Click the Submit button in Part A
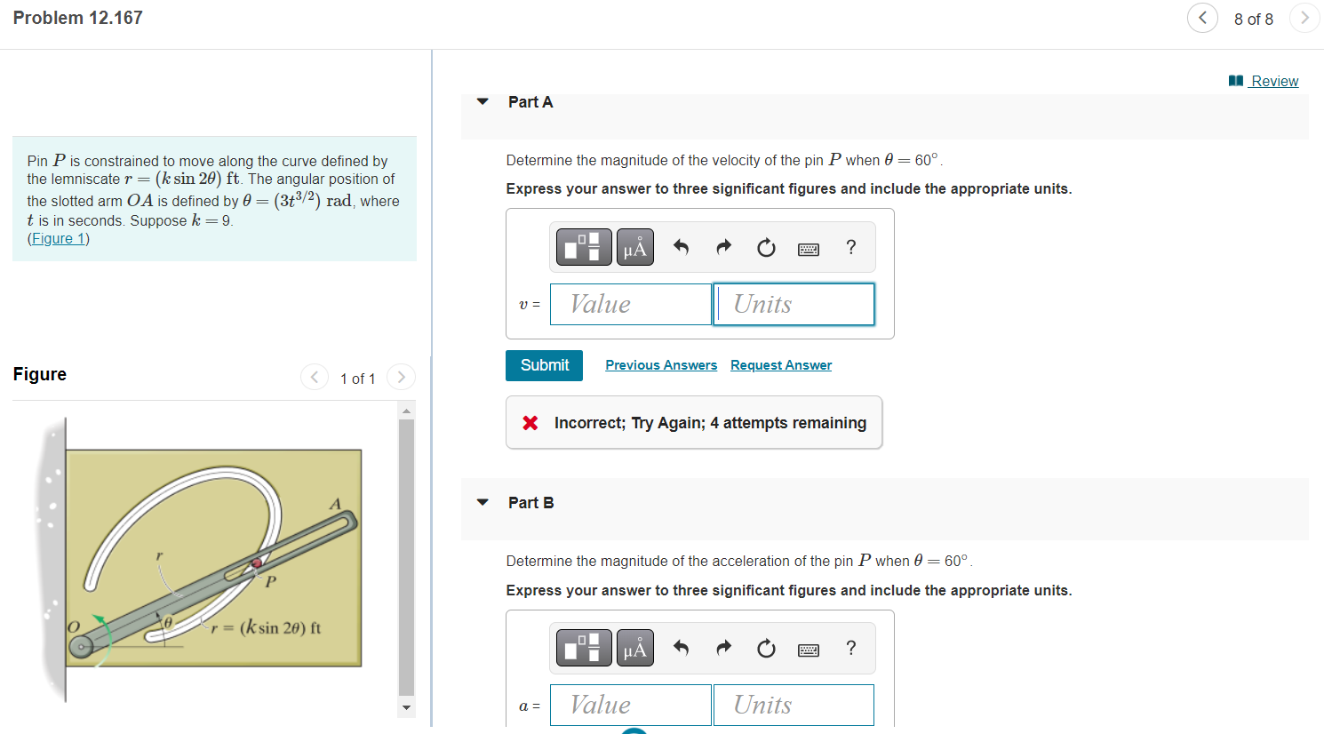point(544,365)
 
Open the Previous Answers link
point(661,365)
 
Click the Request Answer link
point(781,365)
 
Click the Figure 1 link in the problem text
point(59,238)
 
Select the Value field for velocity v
point(630,304)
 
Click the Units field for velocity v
point(794,304)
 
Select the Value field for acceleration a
point(630,705)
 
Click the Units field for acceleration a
point(794,705)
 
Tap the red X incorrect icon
point(530,423)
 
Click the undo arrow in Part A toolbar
point(681,247)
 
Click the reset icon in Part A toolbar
point(766,247)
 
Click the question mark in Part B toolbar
point(851,648)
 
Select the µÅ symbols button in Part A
point(634,247)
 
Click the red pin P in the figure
point(257,562)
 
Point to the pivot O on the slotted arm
point(81,646)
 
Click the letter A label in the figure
point(335,504)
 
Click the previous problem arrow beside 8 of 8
point(1202,18)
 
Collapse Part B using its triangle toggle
point(483,502)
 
